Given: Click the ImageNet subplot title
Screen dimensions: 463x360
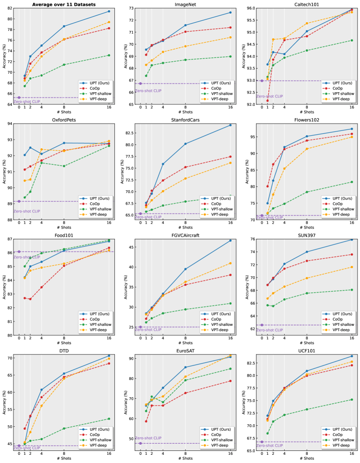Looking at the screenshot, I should click(x=186, y=4).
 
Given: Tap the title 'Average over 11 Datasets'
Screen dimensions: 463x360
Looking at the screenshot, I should click(x=64, y=4).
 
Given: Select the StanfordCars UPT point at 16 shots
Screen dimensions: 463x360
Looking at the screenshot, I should click(x=230, y=125).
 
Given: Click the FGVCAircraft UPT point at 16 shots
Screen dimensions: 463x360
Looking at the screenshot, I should click(x=230, y=240).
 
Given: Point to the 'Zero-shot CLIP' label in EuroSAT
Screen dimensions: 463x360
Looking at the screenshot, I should click(x=148, y=438).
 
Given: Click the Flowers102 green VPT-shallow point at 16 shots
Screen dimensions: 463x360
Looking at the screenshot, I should click(x=352, y=182).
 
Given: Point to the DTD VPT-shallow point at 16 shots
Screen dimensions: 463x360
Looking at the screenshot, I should click(x=109, y=419).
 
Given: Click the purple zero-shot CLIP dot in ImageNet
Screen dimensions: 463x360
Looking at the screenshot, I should click(x=140, y=84).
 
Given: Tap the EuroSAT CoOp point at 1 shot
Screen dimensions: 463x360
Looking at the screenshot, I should click(x=146, y=421).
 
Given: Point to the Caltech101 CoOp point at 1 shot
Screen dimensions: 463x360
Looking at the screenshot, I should click(x=267, y=100).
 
